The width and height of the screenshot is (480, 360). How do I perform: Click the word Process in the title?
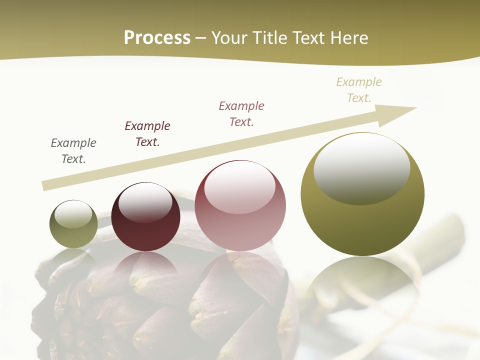(157, 38)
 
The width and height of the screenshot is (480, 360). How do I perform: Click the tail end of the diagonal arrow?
(45, 186)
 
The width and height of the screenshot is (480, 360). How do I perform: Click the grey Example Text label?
(73, 151)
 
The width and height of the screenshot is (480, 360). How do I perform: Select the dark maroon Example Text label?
(147, 134)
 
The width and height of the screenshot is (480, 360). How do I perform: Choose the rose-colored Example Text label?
(241, 114)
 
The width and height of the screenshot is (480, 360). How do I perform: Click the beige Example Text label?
(359, 90)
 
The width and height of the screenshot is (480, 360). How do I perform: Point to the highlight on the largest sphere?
(361, 168)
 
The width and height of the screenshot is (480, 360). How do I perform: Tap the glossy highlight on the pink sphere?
(240, 187)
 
